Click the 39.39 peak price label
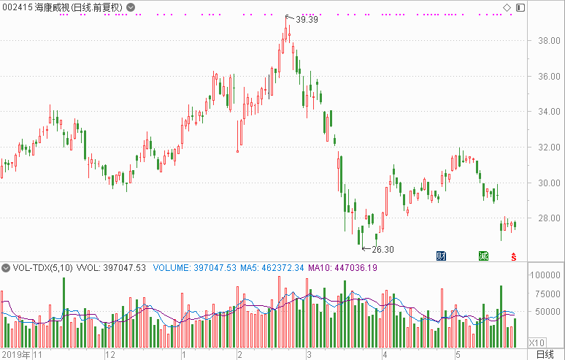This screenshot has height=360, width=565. [x=307, y=20]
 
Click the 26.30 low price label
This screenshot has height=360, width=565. [x=383, y=249]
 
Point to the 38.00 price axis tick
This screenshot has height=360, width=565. [x=549, y=41]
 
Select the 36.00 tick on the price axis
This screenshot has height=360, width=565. [x=549, y=77]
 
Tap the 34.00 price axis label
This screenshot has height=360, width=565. [x=549, y=112]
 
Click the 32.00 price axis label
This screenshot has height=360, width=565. [x=549, y=147]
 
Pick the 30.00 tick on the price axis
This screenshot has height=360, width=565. [x=549, y=183]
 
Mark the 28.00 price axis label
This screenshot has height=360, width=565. [x=549, y=218]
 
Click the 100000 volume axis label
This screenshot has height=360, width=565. [x=545, y=275]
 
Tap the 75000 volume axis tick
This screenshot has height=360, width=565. [x=547, y=294]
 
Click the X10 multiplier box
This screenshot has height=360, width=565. [x=537, y=342]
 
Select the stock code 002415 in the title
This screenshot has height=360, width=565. [x=18, y=7]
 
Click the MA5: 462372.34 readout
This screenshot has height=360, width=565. [x=272, y=268]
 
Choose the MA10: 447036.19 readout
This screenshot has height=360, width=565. [x=342, y=268]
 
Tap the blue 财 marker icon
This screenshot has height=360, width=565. [x=441, y=256]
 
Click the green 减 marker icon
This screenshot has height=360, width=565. [x=483, y=256]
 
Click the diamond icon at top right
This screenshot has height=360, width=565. [x=507, y=7]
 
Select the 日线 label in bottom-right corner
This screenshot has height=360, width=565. [x=545, y=355]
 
